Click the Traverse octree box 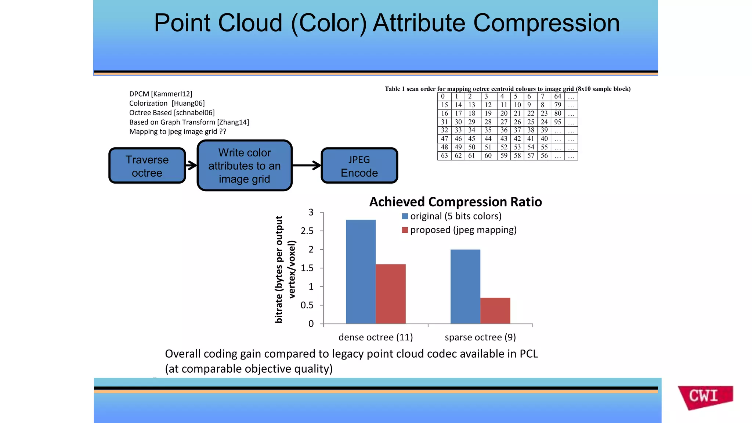[x=147, y=166]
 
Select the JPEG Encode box [x=359, y=166]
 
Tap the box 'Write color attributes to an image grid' [x=245, y=166]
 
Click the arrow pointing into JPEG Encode [x=307, y=165]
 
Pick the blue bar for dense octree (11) [x=361, y=272]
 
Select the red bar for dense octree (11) [x=391, y=294]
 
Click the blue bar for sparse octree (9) [x=465, y=286]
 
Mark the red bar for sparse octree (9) [x=495, y=311]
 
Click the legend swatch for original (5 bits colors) [x=405, y=216]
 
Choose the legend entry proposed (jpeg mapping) [x=463, y=230]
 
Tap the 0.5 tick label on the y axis [x=307, y=305]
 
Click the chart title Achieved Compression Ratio [x=455, y=202]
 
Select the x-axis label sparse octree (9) [x=480, y=337]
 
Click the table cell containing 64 [x=557, y=97]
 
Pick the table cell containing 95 [x=557, y=122]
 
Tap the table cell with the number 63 [x=444, y=156]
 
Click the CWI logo [x=704, y=397]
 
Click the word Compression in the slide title [x=546, y=23]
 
